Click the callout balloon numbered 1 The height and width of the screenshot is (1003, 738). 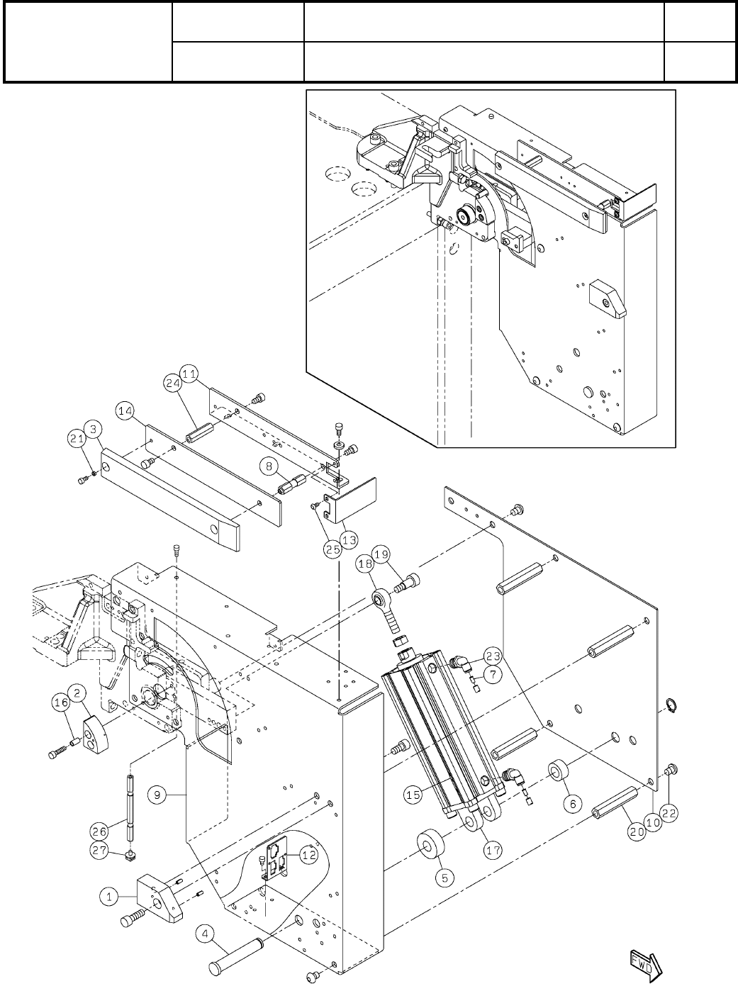click(x=108, y=896)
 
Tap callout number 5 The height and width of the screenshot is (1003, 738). click(x=445, y=877)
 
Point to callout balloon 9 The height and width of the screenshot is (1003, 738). click(x=157, y=795)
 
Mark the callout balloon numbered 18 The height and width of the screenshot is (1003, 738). click(x=366, y=564)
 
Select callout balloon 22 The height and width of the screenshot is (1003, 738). click(x=670, y=811)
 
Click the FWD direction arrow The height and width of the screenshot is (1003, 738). click(x=647, y=962)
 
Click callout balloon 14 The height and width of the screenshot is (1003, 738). click(x=125, y=410)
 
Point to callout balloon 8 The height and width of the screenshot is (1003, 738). click(x=267, y=466)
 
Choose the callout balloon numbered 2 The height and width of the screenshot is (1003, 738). click(x=77, y=690)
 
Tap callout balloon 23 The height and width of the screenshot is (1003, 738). click(x=493, y=654)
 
